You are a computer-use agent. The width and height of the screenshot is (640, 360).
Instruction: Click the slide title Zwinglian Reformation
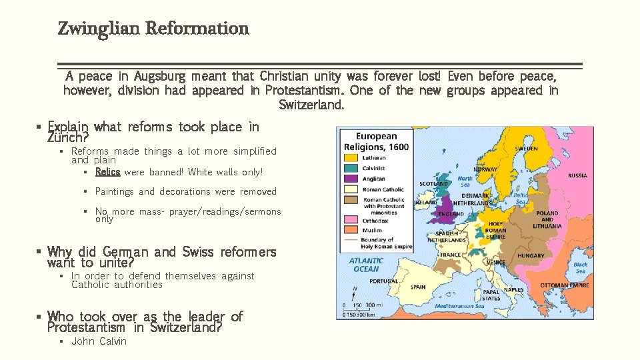point(153,29)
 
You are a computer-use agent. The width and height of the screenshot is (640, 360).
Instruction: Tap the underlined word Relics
point(107,172)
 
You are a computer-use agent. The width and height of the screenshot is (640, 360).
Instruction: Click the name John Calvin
point(99,341)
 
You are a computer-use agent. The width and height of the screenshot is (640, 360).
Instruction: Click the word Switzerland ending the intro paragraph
point(311,105)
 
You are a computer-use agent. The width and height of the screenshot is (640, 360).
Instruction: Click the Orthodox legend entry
point(373,220)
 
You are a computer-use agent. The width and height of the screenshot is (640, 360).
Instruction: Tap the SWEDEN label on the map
point(525,148)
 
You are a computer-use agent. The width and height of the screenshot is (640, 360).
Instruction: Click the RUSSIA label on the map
point(577,175)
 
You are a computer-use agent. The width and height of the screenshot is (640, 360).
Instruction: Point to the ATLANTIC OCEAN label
point(366,265)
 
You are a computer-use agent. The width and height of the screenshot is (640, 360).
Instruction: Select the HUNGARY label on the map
point(531,255)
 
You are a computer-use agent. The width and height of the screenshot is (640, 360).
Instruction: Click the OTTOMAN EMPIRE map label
point(564,285)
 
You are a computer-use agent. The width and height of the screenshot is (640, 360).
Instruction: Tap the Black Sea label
point(580,267)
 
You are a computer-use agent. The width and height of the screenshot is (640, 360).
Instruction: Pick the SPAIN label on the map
point(418,287)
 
